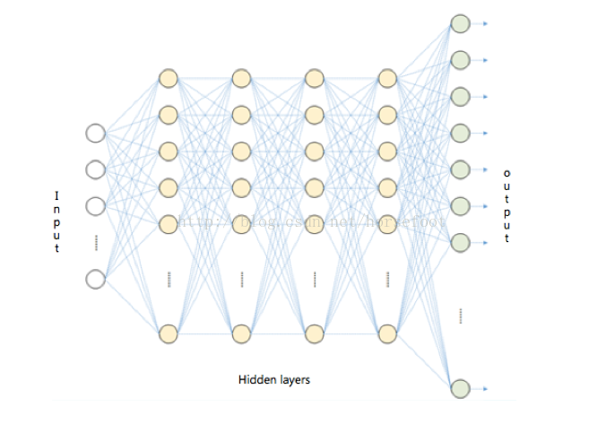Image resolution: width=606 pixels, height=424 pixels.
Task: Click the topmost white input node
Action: pos(95,134)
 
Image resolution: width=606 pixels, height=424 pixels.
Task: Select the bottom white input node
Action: pos(95,280)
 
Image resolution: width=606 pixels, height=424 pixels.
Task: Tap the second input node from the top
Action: pos(95,169)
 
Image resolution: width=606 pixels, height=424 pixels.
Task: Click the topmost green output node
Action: pos(460,23)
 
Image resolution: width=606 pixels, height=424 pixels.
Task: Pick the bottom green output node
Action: pos(460,388)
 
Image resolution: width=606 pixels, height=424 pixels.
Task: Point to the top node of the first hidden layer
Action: pos(168,78)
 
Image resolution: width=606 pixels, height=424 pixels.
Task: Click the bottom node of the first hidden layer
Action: pos(168,333)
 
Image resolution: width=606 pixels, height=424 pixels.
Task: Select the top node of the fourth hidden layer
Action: pos(386,78)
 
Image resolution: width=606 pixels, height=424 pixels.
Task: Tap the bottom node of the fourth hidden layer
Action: pos(386,333)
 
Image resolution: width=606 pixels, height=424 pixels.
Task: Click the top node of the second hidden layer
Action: pos(240,78)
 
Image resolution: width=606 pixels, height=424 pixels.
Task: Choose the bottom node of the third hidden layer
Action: pos(314,333)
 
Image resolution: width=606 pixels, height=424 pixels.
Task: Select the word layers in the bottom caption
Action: pos(294,379)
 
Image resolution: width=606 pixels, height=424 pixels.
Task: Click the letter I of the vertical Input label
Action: pos(56,196)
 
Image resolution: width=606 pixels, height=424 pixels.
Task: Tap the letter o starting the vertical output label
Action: pos(506,173)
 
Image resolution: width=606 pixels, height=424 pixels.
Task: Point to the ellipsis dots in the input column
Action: pos(95,242)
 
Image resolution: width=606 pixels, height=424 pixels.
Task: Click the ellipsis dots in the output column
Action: pos(460,315)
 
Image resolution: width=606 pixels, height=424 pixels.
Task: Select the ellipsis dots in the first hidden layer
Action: pos(168,279)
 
